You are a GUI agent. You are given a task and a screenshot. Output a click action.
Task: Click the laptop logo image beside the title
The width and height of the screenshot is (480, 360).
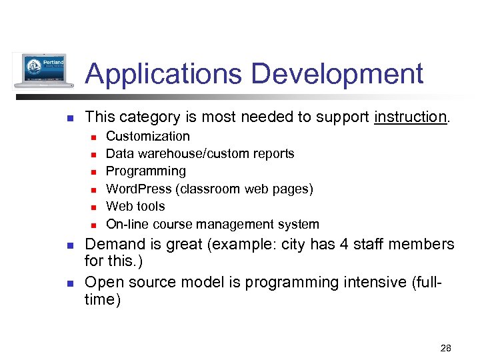(43, 70)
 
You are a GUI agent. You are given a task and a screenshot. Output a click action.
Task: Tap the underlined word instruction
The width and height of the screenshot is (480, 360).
(410, 117)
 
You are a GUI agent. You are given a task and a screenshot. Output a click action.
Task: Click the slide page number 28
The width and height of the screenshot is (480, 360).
(446, 348)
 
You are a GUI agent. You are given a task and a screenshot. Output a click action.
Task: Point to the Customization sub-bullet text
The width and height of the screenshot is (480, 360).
(148, 136)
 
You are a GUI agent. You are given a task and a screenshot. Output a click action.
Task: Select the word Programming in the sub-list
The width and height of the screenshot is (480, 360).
(146, 171)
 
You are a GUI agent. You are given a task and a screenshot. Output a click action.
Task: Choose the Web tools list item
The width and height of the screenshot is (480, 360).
(135, 207)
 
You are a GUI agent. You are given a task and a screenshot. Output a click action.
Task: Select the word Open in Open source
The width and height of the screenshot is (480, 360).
(103, 283)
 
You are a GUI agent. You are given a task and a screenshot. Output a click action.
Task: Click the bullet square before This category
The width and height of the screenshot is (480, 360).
(69, 119)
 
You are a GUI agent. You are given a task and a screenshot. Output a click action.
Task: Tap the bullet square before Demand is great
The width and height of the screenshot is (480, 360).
(69, 246)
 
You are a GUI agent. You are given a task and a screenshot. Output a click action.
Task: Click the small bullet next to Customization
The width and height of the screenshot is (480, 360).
(94, 137)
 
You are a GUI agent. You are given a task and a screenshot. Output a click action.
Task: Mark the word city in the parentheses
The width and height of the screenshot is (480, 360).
(288, 245)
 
